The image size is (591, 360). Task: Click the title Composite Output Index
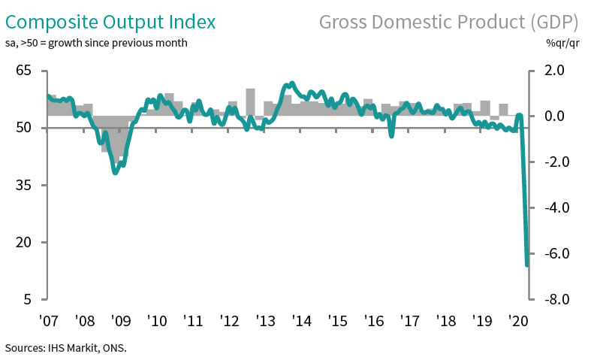(110, 20)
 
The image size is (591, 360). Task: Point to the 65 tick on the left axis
(23, 71)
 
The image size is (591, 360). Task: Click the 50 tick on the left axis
(23, 128)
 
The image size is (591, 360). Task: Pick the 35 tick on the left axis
(23, 185)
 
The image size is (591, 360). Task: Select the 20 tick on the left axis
(23, 242)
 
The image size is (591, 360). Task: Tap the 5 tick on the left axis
(27, 299)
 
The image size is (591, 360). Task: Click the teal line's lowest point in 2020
(526, 265)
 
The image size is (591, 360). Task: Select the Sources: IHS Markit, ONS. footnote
(66, 348)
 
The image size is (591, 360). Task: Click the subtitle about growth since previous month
(97, 43)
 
